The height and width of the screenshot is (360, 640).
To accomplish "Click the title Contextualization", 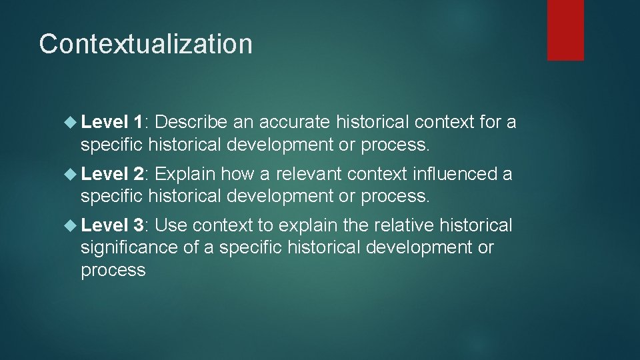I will point(145,44).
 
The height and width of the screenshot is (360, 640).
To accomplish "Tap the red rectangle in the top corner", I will point(565,30).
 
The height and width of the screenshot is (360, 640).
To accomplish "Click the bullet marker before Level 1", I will point(71,122).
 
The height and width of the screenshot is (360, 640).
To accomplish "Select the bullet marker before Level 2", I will point(71,174).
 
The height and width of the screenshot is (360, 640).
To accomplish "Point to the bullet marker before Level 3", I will point(71,226).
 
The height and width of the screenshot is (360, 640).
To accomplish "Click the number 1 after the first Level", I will point(138,122).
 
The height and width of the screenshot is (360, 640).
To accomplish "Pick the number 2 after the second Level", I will point(139,174).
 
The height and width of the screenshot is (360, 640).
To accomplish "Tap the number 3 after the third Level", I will point(139,226).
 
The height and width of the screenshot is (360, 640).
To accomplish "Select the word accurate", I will point(295,122).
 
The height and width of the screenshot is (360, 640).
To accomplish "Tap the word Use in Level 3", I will point(171,226).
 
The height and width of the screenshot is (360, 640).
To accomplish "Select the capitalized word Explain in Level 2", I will point(185,175).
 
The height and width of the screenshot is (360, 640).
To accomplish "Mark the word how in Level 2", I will point(235,174).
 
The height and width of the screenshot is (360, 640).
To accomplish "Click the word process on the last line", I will point(113,270).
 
